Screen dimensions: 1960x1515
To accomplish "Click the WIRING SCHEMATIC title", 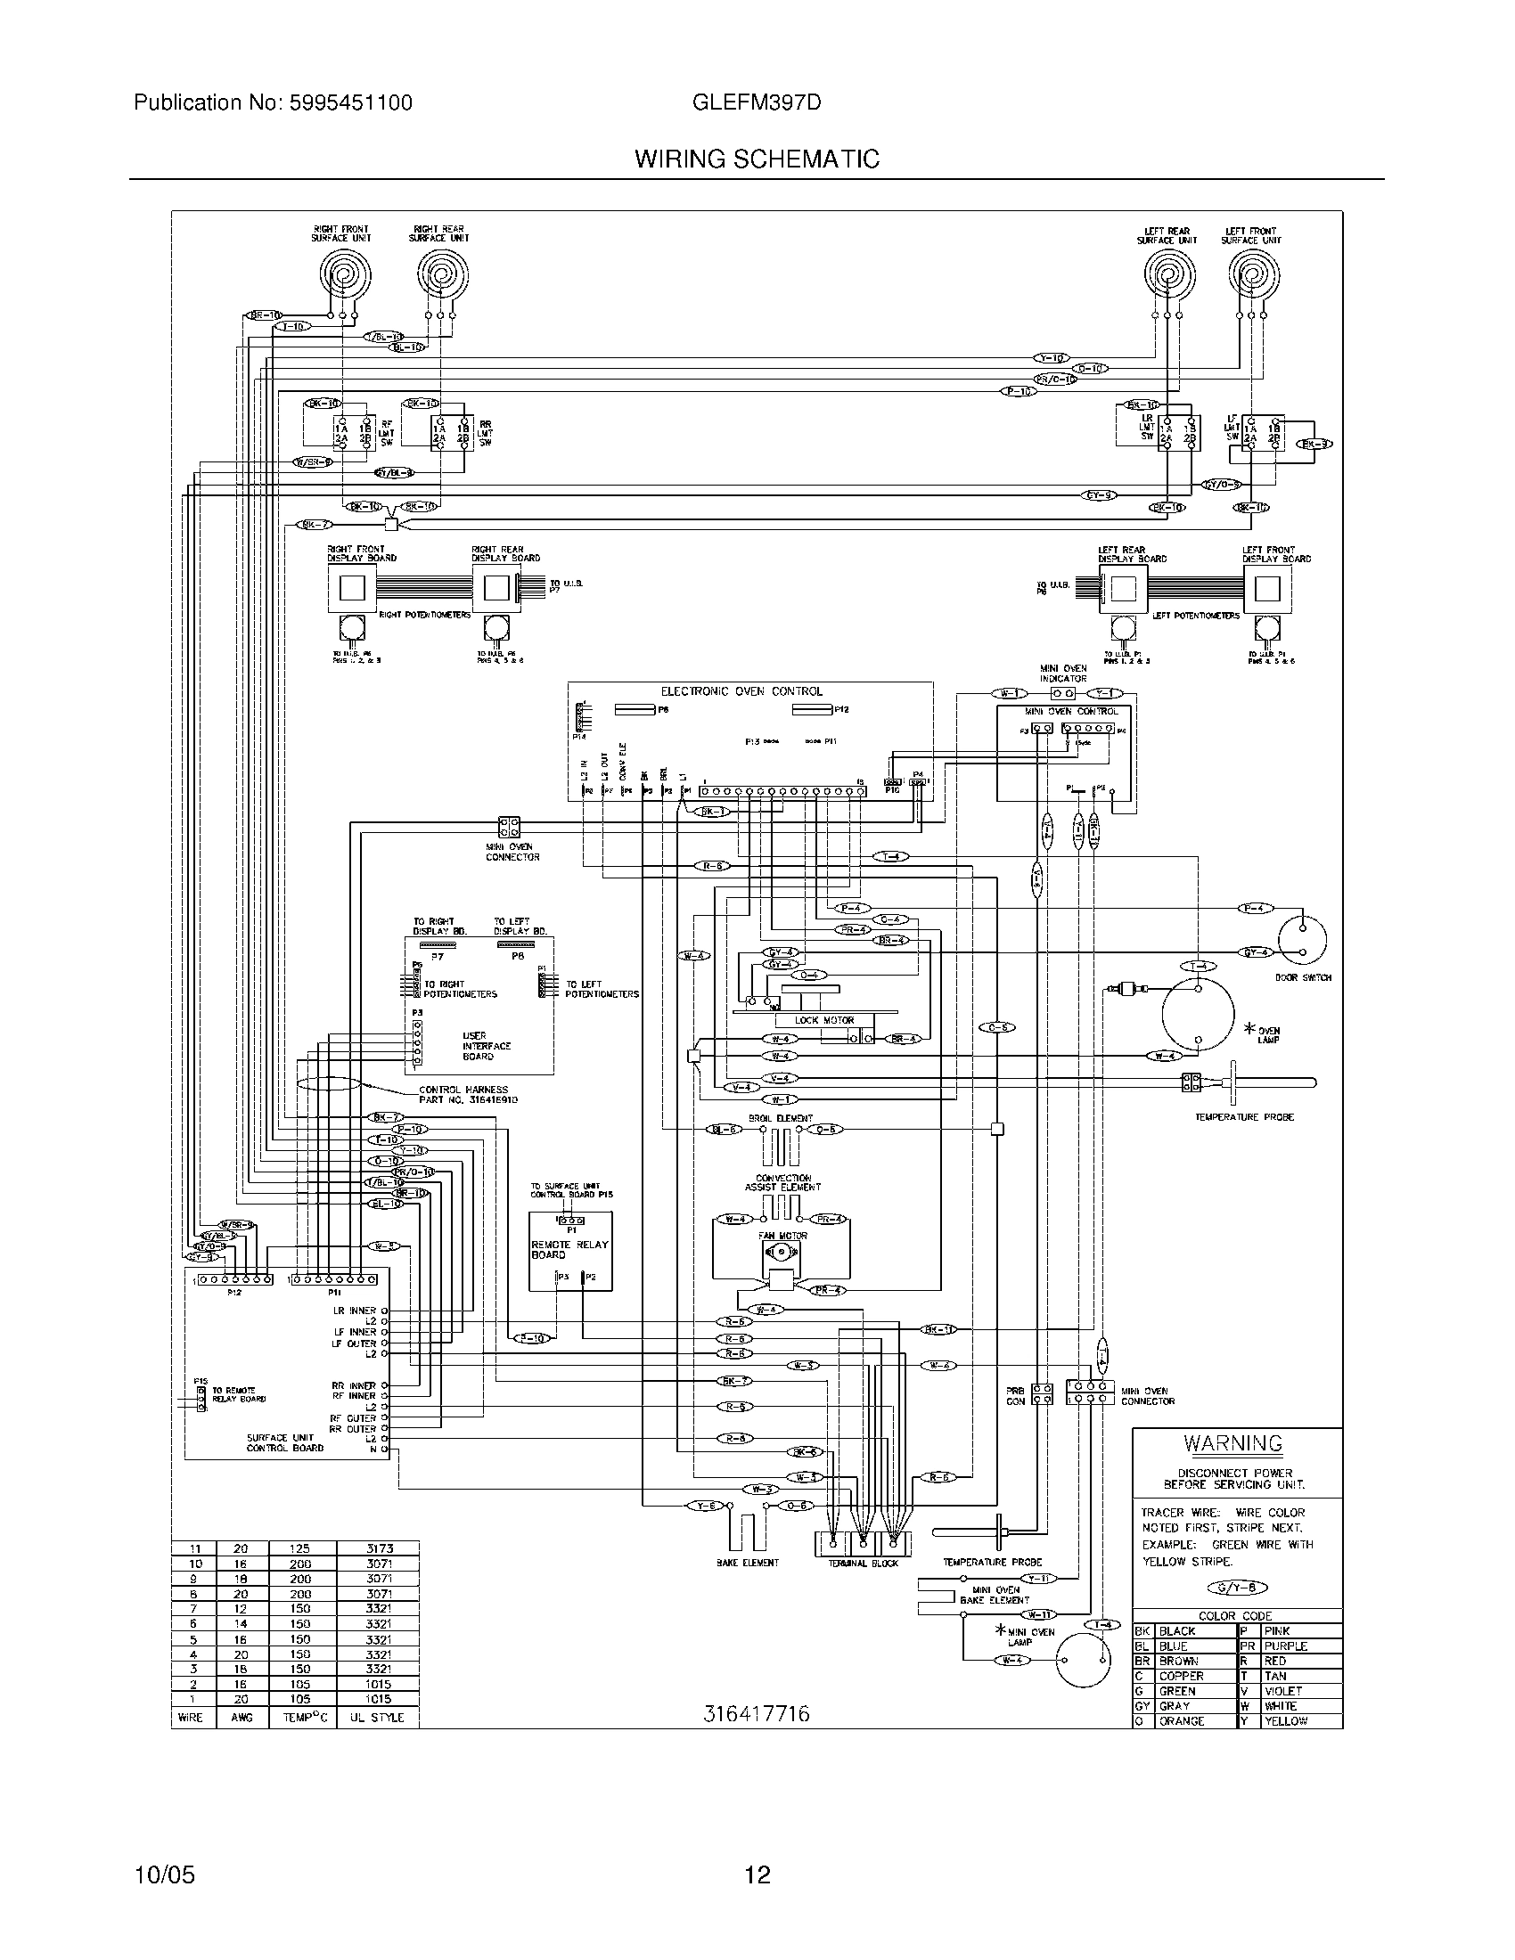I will (757, 159).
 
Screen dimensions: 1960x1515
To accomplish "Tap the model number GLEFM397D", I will (757, 102).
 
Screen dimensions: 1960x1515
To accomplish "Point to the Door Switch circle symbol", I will (1302, 939).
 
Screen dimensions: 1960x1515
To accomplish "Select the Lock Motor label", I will (824, 1020).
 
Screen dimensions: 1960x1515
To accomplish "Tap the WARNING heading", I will (1232, 1444).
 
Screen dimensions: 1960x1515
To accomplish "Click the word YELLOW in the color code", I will (1285, 1720).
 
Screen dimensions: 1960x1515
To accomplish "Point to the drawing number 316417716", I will (756, 1713).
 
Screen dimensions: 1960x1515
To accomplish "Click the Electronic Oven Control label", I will (741, 691).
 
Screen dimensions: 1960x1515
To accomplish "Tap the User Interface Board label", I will (486, 1046).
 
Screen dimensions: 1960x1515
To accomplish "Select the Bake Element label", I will (747, 1563).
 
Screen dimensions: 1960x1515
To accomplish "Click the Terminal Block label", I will (862, 1563).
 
